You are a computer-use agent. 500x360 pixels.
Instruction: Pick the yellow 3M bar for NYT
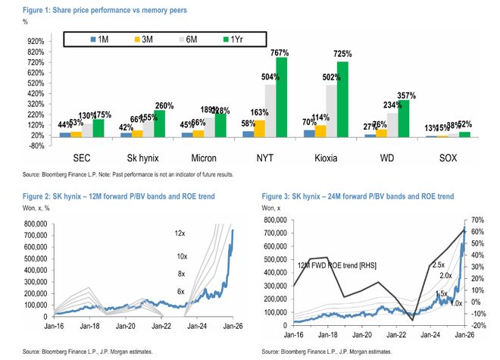coord(258,128)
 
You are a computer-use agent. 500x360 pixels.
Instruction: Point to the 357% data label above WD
coord(407,95)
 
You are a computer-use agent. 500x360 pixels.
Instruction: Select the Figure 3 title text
coord(358,196)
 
